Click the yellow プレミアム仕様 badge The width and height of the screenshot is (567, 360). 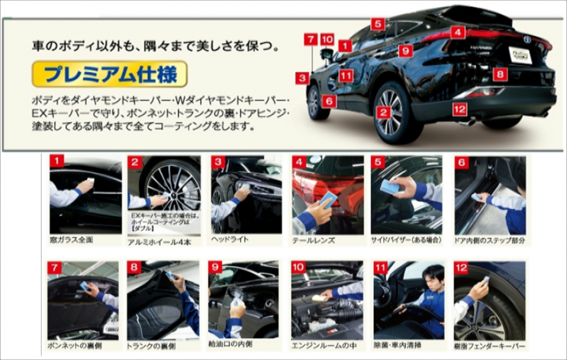click(110, 74)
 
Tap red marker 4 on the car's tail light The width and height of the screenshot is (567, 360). click(457, 32)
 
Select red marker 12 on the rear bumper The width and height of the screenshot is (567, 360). click(460, 109)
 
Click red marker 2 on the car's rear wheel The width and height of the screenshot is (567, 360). click(383, 112)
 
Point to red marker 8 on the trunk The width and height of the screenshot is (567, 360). click(500, 75)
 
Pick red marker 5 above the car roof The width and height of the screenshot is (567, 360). click(378, 24)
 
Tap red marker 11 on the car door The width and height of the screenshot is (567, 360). click(346, 76)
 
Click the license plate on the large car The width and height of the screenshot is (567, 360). click(520, 55)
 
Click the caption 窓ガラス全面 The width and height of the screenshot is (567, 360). click(71, 239)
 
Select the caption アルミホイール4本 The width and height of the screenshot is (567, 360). click(159, 242)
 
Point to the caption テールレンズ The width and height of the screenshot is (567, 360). click(313, 240)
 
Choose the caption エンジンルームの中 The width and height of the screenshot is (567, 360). click(324, 346)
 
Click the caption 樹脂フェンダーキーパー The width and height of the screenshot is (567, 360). click(489, 346)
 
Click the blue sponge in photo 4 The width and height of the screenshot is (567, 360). click(328, 200)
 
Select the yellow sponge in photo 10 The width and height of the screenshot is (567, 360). click(318, 298)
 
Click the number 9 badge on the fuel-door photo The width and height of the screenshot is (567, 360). click(215, 268)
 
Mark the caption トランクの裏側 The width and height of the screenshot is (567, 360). click(151, 346)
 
